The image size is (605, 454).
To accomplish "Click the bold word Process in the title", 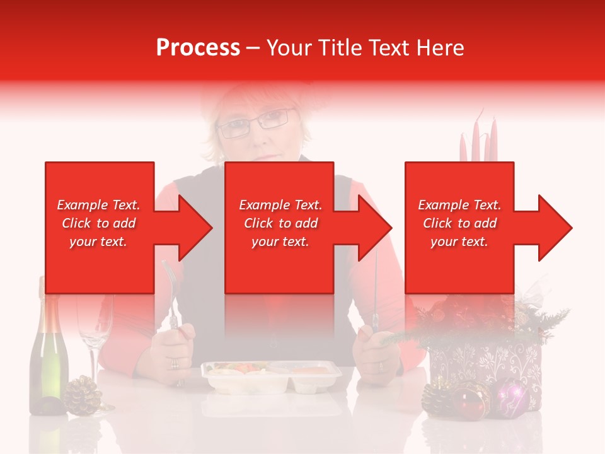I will [x=198, y=48].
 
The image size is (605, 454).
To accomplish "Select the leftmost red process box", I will [x=100, y=227].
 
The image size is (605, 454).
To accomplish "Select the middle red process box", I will [x=279, y=227].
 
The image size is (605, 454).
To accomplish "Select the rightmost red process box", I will [x=459, y=227].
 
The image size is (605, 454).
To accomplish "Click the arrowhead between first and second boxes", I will [x=195, y=228].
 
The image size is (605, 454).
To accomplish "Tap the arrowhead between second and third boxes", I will [x=374, y=228].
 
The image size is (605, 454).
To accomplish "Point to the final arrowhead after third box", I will [x=554, y=228].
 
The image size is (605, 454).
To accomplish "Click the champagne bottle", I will [x=49, y=359].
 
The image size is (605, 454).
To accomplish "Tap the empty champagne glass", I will [x=95, y=328].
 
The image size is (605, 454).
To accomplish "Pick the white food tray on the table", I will [x=271, y=376].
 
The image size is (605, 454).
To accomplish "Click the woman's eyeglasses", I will [x=255, y=122].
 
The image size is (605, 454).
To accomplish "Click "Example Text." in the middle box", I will [x=280, y=205].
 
